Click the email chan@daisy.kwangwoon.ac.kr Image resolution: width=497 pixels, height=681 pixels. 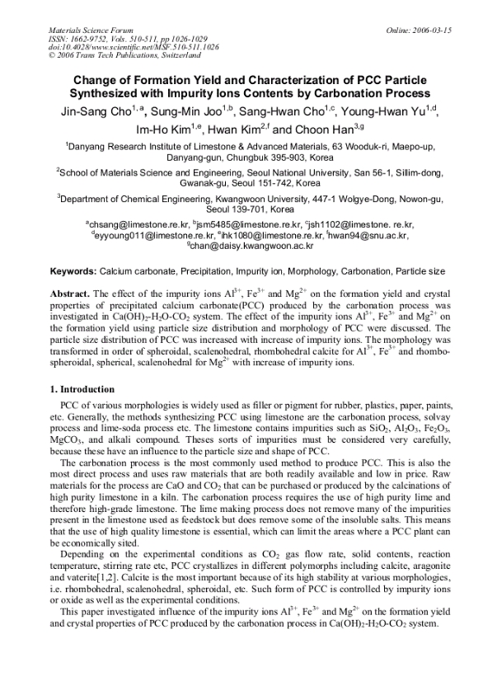251,246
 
